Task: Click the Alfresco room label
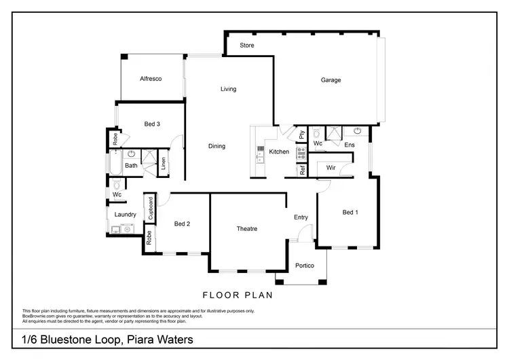(x=150, y=79)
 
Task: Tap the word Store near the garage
(x=247, y=46)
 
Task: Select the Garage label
(x=331, y=80)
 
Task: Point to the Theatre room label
(x=247, y=229)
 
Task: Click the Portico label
(x=304, y=266)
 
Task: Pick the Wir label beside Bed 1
(x=331, y=167)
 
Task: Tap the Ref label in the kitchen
(x=302, y=170)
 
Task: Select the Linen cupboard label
(x=163, y=164)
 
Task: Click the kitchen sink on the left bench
(x=259, y=156)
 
